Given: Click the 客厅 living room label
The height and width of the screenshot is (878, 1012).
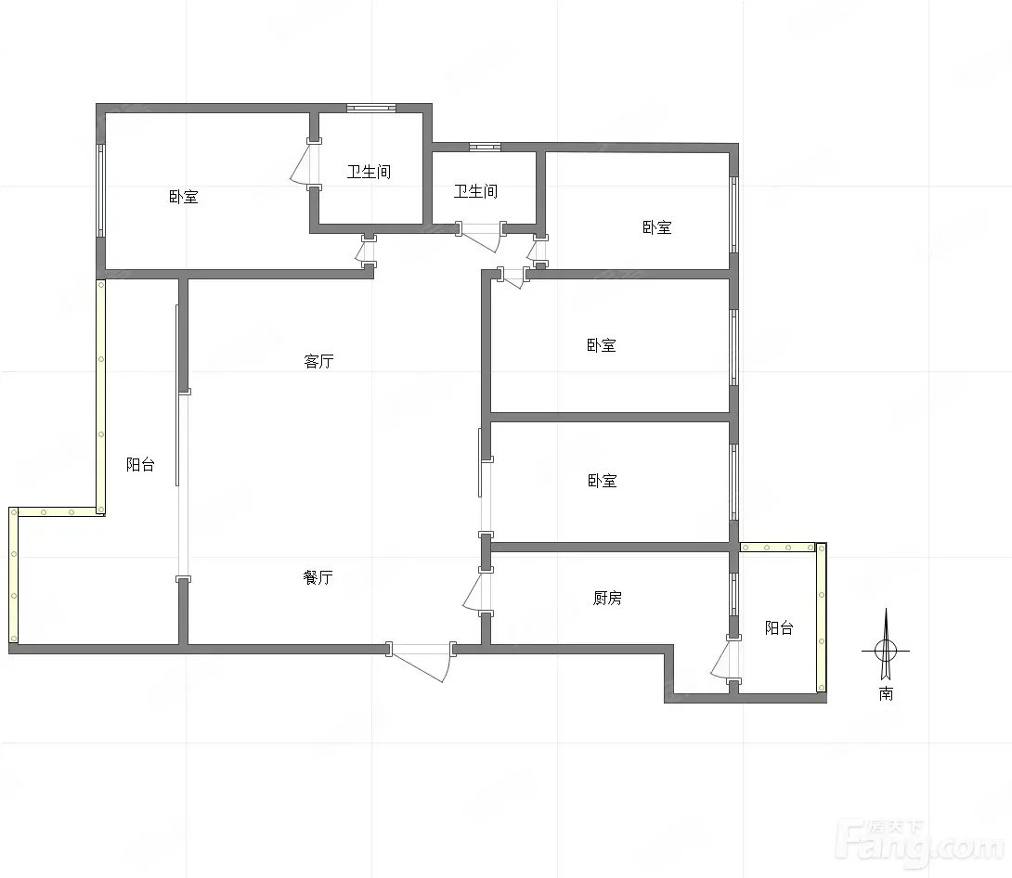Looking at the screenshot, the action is [x=318, y=361].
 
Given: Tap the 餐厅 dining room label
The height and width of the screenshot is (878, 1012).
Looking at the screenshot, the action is [x=318, y=577].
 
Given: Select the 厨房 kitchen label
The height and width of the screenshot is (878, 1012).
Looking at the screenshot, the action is [x=607, y=598].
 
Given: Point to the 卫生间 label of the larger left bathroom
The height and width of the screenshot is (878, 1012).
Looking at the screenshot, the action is [x=369, y=172].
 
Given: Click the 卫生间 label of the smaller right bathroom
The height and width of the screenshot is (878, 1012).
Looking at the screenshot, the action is [x=475, y=191].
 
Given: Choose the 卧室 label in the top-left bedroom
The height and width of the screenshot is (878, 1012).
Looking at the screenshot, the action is [x=183, y=197].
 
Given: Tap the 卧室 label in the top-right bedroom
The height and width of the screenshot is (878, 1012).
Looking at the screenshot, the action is [x=657, y=227].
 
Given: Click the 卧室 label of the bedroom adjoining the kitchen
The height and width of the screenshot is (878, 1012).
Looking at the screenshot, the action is [x=603, y=481].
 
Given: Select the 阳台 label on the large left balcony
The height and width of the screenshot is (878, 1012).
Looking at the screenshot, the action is [x=140, y=464].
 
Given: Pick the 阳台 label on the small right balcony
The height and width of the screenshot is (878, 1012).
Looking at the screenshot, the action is [x=779, y=627].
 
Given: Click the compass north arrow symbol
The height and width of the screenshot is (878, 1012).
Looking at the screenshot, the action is [x=886, y=645].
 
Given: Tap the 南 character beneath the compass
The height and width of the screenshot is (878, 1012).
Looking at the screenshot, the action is [x=886, y=693].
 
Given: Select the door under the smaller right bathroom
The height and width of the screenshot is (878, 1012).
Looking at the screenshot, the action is [x=482, y=236].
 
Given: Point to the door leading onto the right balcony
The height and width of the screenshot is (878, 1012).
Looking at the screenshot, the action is [x=725, y=658].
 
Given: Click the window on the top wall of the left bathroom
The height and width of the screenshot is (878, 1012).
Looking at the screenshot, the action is [x=371, y=108].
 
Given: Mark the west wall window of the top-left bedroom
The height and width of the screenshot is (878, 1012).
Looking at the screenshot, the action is [x=100, y=191].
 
